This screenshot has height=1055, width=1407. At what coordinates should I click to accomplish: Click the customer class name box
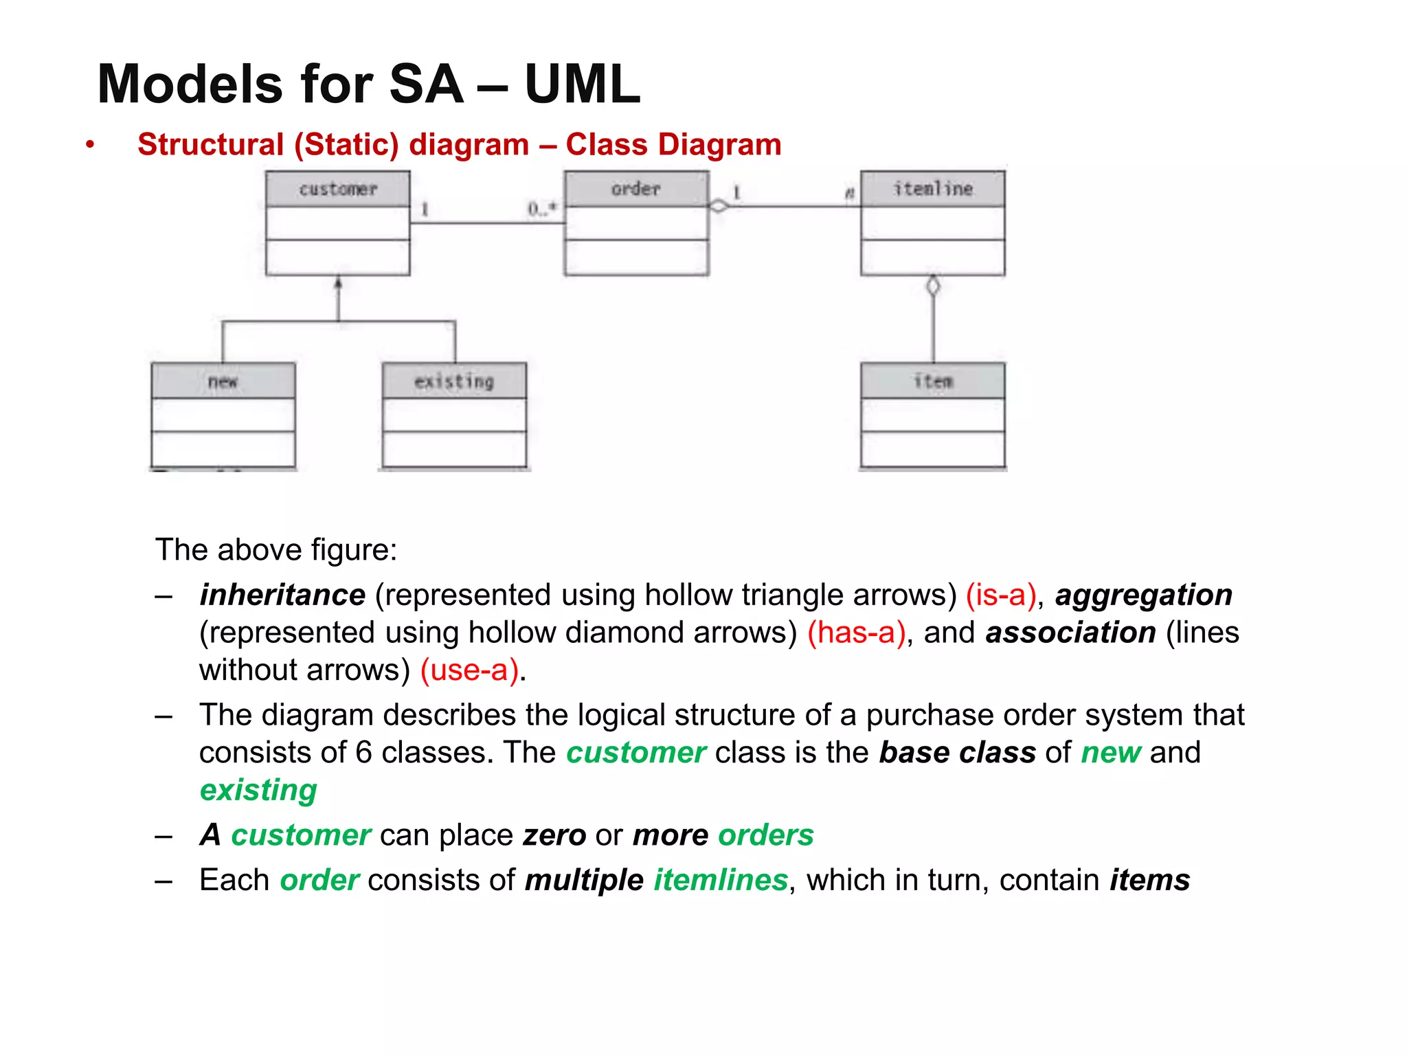pyautogui.click(x=338, y=189)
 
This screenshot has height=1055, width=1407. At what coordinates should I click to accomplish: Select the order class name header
pyautogui.click(x=636, y=189)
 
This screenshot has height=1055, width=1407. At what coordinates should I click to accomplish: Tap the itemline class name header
pyautogui.click(x=932, y=189)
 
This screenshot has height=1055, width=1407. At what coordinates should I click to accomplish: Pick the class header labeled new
pyautogui.click(x=223, y=381)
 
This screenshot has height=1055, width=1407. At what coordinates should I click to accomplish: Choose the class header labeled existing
pyautogui.click(x=454, y=381)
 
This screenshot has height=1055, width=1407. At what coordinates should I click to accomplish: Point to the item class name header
pyautogui.click(x=932, y=381)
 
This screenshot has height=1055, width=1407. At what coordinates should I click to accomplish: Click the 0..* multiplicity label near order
pyautogui.click(x=542, y=209)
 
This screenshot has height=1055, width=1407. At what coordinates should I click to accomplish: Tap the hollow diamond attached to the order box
pyautogui.click(x=719, y=205)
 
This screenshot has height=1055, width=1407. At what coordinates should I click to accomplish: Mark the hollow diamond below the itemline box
pyautogui.click(x=932, y=286)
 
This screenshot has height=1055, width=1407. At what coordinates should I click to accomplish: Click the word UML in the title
pyautogui.click(x=582, y=84)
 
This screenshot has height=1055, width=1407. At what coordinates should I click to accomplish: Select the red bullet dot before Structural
pyautogui.click(x=90, y=145)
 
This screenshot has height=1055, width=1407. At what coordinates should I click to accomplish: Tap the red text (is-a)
pyautogui.click(x=1000, y=595)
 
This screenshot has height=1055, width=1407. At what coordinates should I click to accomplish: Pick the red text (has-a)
pyautogui.click(x=856, y=633)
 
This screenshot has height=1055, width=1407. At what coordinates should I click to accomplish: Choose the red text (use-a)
pyautogui.click(x=469, y=670)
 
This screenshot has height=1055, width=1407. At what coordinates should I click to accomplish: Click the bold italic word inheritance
pyautogui.click(x=282, y=595)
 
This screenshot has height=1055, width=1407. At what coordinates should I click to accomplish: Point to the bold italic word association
pyautogui.click(x=1070, y=633)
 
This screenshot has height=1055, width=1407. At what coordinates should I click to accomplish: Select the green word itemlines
pyautogui.click(x=720, y=880)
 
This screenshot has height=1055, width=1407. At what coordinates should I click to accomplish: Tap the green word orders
pyautogui.click(x=765, y=835)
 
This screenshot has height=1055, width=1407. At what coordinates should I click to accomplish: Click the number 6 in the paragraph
pyautogui.click(x=363, y=753)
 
